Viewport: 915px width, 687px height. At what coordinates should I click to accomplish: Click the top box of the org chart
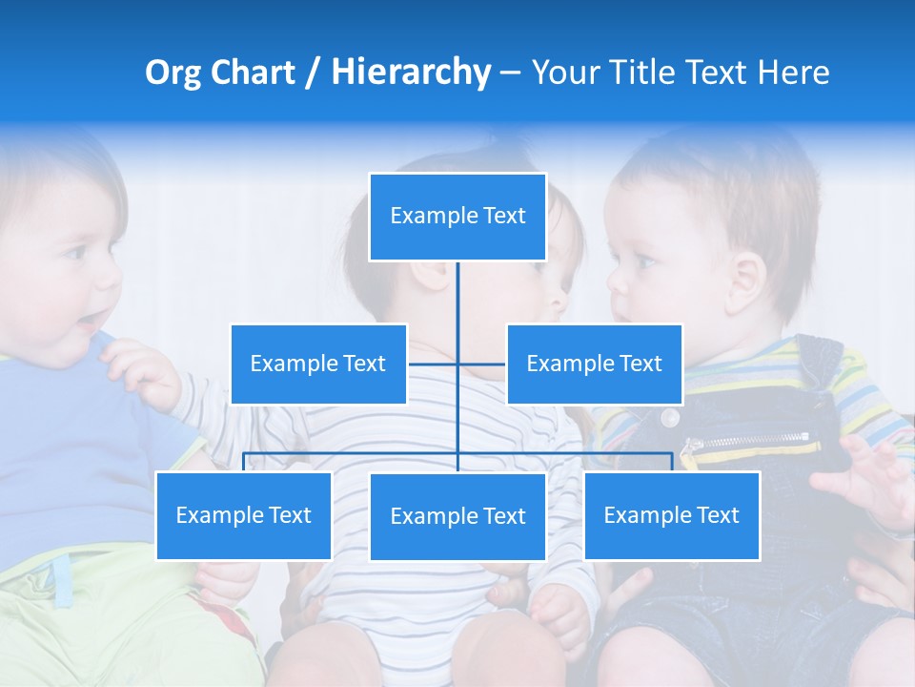[x=457, y=217]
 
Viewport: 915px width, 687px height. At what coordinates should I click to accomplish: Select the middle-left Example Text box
[x=318, y=364]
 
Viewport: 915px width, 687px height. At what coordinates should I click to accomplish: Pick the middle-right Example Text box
[x=594, y=364]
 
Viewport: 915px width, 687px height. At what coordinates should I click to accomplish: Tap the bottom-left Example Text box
[x=244, y=515]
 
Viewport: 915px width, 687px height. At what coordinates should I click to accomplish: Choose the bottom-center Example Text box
[x=457, y=516]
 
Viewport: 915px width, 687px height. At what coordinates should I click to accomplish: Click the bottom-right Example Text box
[x=671, y=515]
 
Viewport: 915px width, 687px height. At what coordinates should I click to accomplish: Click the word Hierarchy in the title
[x=411, y=72]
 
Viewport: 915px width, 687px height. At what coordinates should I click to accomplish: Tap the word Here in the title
[x=793, y=73]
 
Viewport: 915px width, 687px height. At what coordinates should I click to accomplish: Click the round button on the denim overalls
[x=670, y=417]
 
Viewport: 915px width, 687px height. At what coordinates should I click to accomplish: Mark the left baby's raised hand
[x=143, y=372]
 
